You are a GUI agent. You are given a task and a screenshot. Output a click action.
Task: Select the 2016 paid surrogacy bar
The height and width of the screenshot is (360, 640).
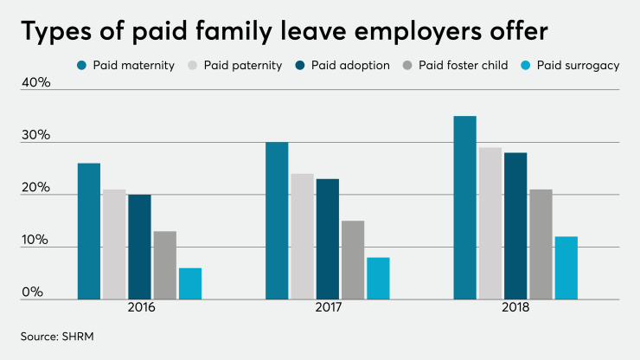(189, 284)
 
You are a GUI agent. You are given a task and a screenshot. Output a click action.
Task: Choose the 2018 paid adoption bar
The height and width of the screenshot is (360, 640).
(515, 226)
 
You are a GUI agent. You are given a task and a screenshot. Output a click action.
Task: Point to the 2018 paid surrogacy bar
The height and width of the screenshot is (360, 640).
(566, 268)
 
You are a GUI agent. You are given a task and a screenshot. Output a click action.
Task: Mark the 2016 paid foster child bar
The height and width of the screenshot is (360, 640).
(164, 265)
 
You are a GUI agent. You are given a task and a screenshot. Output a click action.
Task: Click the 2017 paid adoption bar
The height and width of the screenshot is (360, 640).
(327, 239)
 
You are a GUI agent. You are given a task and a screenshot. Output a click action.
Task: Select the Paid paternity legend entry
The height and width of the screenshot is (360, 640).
(236, 65)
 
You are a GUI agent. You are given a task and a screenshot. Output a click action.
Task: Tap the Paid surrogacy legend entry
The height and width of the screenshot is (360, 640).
(570, 65)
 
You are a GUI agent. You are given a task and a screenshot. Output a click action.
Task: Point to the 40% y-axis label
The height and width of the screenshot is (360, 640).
(35, 83)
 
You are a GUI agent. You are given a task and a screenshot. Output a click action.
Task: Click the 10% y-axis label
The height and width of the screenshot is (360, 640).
(35, 240)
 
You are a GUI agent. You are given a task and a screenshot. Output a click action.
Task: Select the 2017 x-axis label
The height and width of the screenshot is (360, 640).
(327, 308)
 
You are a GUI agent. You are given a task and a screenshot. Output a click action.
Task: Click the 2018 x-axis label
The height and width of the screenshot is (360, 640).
(515, 308)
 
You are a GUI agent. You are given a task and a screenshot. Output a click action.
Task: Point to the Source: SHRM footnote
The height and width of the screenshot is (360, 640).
(55, 334)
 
